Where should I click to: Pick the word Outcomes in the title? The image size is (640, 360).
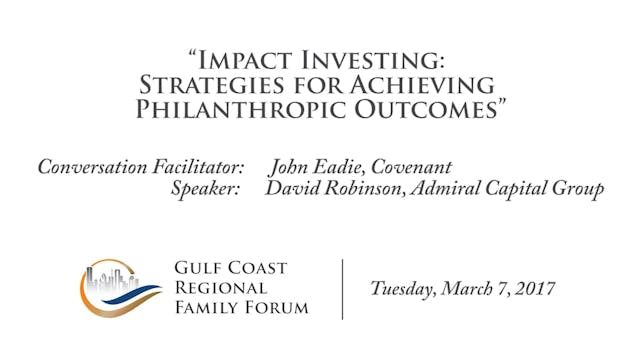point(431,110)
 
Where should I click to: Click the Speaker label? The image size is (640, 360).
point(205,189)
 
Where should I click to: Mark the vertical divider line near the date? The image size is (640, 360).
point(343,288)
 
